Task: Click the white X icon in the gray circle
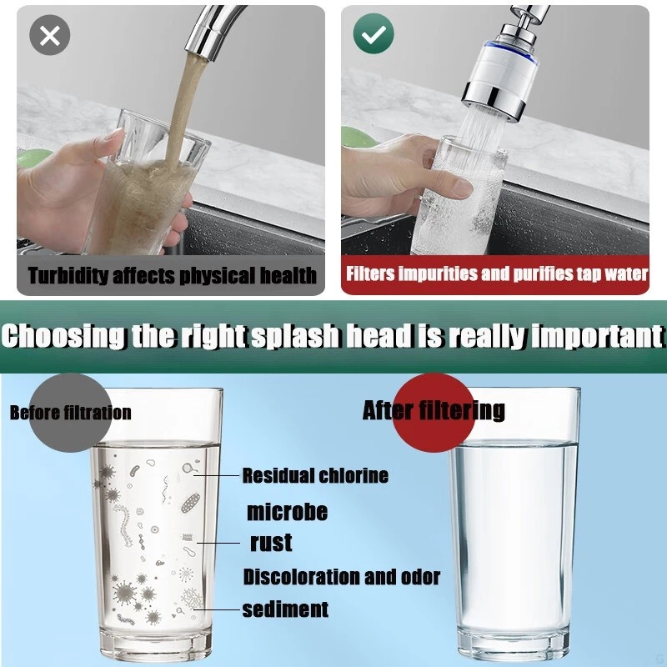50,35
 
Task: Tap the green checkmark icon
374,33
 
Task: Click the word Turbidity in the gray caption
68,276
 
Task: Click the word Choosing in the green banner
64,336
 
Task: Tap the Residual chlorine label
315,475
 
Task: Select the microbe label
287,512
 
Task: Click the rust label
271,543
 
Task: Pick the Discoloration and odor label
342,577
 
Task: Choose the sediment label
285,609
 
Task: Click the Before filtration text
71,413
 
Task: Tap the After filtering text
434,410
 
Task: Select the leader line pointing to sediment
217,609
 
